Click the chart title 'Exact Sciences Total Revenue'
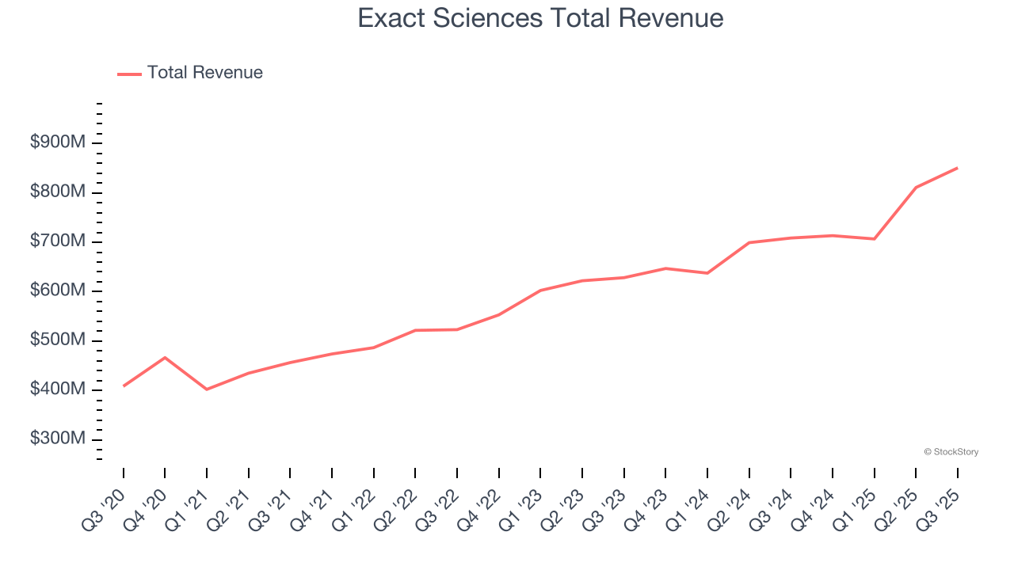(540, 18)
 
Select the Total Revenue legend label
(204, 73)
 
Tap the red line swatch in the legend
(129, 74)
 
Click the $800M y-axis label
(58, 192)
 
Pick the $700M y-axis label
(58, 241)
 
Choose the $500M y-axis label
(58, 340)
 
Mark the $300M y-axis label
(58, 439)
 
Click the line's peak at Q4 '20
(165, 358)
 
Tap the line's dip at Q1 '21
(207, 389)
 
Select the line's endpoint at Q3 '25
(957, 168)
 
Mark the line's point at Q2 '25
(916, 188)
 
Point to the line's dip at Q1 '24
(707, 273)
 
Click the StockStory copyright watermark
(951, 452)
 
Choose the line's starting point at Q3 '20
(124, 386)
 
